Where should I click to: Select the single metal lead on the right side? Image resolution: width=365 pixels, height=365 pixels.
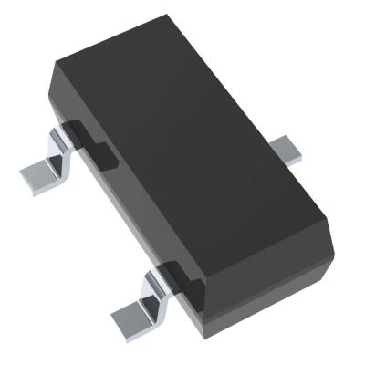tap(289, 149)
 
